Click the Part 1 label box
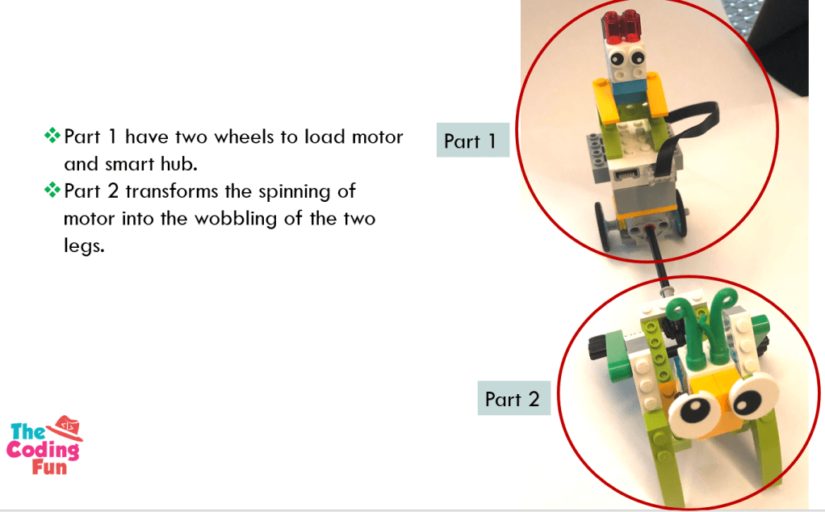(472, 140)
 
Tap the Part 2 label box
(514, 398)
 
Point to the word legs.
(84, 246)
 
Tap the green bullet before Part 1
(52, 135)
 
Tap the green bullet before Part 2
(52, 190)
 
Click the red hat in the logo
(65, 426)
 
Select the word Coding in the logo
(43, 451)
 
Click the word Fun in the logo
(49, 468)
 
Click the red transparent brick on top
(624, 27)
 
